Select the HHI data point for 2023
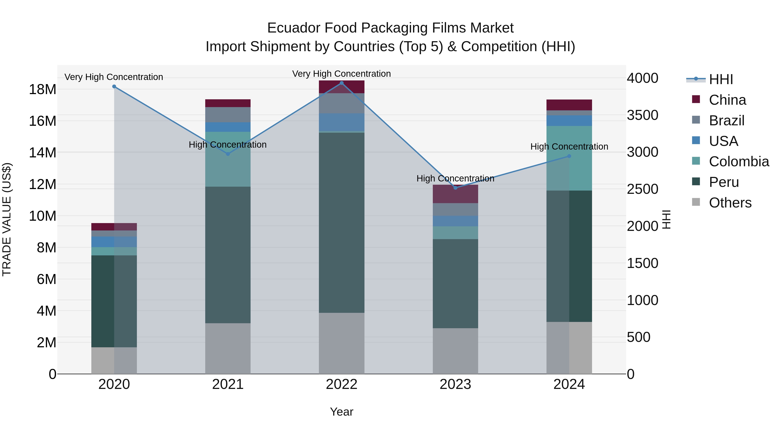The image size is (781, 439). click(455, 188)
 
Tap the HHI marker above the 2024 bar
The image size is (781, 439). click(569, 156)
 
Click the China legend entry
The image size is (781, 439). click(727, 100)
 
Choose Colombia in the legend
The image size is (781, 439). click(738, 162)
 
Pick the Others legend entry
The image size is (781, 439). click(730, 203)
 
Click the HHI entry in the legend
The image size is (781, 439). click(721, 79)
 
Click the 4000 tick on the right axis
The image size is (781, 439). click(642, 78)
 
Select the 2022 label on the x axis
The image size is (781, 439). click(341, 384)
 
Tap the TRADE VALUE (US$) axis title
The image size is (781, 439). click(7, 219)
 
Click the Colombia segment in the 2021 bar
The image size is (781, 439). click(228, 159)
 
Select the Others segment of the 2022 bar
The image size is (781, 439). click(341, 343)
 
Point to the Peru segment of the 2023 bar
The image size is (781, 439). click(455, 284)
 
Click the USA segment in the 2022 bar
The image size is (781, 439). click(341, 122)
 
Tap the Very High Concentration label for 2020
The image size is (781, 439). click(114, 77)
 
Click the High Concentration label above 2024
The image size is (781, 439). click(569, 147)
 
